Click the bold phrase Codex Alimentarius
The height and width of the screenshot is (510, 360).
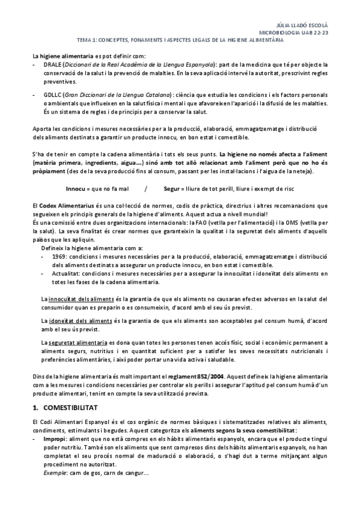tap(67, 205)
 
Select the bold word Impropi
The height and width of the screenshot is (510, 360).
tap(54, 440)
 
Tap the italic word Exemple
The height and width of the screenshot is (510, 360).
tap(54, 474)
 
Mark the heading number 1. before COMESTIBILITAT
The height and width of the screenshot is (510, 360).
tap(36, 407)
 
